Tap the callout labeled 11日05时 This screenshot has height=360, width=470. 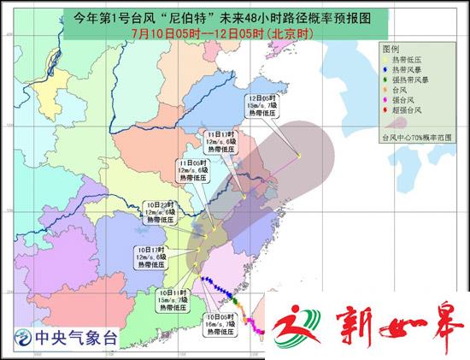click(x=196, y=172)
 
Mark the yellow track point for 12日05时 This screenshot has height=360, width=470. click(x=299, y=155)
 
